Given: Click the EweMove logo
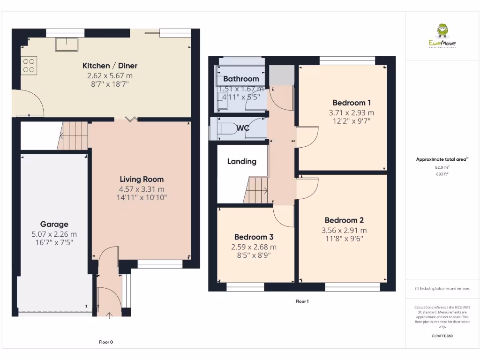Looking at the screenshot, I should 442,36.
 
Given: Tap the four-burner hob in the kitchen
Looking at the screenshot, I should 29,65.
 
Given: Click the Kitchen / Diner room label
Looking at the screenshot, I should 110,66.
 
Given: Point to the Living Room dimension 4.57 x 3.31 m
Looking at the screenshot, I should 142,189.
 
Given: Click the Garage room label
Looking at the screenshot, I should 54,224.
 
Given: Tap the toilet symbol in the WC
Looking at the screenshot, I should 225,128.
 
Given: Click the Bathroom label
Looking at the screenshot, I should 241,79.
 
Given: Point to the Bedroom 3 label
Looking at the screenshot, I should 254,237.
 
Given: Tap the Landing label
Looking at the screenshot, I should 241,161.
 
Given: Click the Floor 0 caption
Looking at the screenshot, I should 106,342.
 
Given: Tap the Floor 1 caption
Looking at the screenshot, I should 302,301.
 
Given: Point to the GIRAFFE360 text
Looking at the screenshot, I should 442,336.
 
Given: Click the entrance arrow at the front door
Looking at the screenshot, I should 110,315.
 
